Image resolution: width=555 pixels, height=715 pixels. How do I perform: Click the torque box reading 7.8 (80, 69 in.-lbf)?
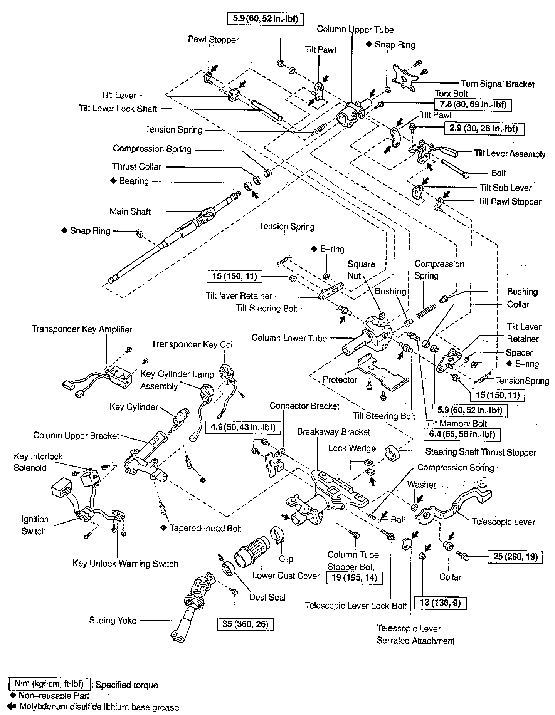tap(473, 104)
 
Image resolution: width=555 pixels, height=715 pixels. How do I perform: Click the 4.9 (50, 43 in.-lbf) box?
tap(244, 427)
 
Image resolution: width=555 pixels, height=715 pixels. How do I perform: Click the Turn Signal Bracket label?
tap(498, 84)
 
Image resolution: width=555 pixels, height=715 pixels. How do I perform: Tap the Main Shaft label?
tap(130, 211)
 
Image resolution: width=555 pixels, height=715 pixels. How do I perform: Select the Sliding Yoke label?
tap(113, 620)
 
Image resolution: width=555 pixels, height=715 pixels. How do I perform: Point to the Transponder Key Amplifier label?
tap(82, 329)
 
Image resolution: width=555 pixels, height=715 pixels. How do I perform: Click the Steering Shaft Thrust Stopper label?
tap(480, 452)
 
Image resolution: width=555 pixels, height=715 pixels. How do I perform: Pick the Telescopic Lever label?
tap(503, 522)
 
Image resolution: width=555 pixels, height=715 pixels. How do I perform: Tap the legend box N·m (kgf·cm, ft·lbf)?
tap(49, 684)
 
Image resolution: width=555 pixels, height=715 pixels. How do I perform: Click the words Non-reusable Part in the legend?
tap(54, 696)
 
